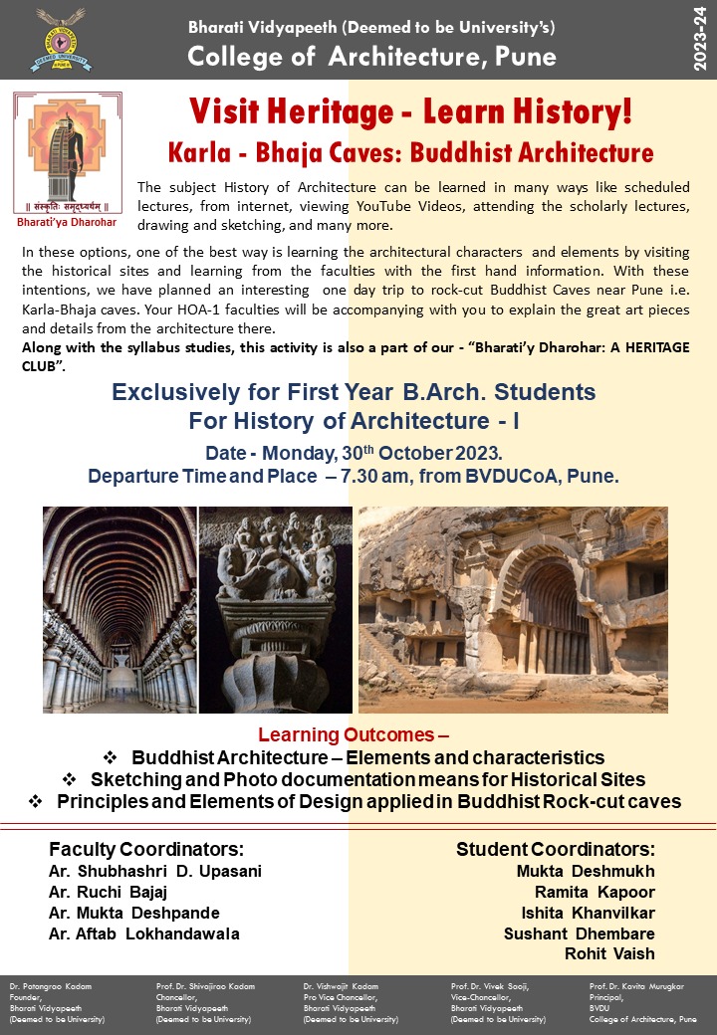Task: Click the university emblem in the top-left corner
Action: point(61,41)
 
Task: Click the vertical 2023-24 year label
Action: point(700,40)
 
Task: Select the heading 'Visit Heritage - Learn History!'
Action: point(409,110)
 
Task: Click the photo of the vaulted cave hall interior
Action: point(119,609)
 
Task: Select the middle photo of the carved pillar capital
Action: point(276,609)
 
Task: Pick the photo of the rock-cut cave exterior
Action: point(513,609)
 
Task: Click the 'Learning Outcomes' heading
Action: point(354,736)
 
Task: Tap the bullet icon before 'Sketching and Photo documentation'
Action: point(69,779)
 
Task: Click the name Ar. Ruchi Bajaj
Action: point(108,892)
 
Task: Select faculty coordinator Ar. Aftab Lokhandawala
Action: point(143,933)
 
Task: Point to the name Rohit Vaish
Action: point(609,953)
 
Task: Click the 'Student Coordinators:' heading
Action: point(555,849)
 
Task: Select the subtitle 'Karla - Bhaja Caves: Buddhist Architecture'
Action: point(409,153)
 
